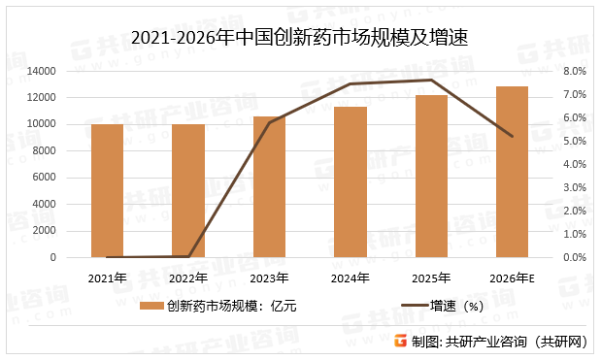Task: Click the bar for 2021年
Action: [107, 190]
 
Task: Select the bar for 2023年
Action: [269, 186]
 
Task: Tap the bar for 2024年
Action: [351, 181]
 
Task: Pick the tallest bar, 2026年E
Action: [512, 172]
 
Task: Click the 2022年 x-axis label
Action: [187, 278]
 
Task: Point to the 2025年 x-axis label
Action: [431, 278]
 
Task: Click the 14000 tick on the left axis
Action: [40, 71]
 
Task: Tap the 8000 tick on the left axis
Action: [43, 150]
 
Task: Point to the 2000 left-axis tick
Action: [43, 231]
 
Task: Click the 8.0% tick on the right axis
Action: [574, 71]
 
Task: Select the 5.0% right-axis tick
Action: [574, 141]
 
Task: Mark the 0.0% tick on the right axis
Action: [574, 257]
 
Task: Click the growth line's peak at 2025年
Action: [431, 80]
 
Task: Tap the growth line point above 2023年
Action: [269, 122]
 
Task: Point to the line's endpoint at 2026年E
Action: [512, 136]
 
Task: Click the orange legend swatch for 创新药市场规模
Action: [151, 307]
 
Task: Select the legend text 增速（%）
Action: [457, 307]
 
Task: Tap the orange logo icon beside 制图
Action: [399, 342]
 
